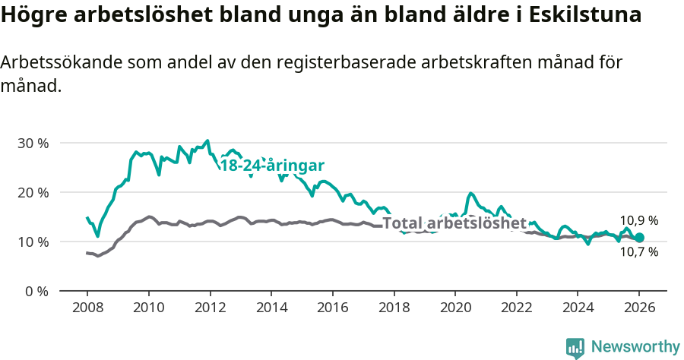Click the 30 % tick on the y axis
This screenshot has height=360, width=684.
tap(33, 143)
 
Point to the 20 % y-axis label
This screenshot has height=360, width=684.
tap(33, 192)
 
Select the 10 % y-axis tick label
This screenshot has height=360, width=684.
tap(33, 242)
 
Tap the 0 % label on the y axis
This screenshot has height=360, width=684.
tap(37, 291)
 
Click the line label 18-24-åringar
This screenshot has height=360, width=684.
tap(272, 166)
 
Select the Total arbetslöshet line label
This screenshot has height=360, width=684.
tap(454, 223)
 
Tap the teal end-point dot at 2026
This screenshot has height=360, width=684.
tap(639, 238)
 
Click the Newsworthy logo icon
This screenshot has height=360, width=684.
tap(575, 347)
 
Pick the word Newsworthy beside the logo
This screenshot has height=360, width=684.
tap(635, 347)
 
